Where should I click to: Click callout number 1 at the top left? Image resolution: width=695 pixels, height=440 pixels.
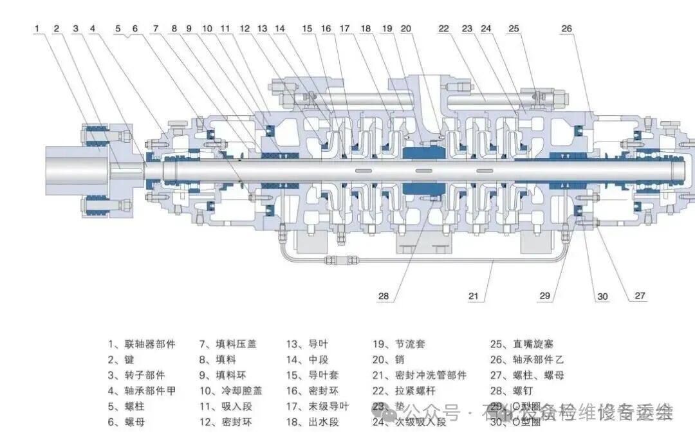click(x=37, y=28)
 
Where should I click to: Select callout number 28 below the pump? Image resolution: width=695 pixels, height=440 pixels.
click(x=384, y=296)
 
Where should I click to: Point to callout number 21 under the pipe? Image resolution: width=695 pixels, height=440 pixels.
click(x=474, y=296)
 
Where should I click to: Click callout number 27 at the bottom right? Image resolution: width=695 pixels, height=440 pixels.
click(x=640, y=296)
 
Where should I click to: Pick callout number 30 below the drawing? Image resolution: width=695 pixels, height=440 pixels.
click(x=602, y=296)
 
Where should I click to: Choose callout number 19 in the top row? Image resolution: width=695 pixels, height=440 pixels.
click(x=386, y=28)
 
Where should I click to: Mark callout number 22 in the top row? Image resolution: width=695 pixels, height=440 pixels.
click(x=444, y=28)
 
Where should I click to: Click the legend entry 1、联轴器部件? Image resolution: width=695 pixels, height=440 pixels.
click(x=141, y=344)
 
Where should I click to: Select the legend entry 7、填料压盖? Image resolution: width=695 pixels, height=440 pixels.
click(x=227, y=344)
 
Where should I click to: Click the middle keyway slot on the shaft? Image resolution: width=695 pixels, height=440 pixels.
click(x=422, y=170)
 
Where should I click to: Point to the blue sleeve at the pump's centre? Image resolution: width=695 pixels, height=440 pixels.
click(x=422, y=153)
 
